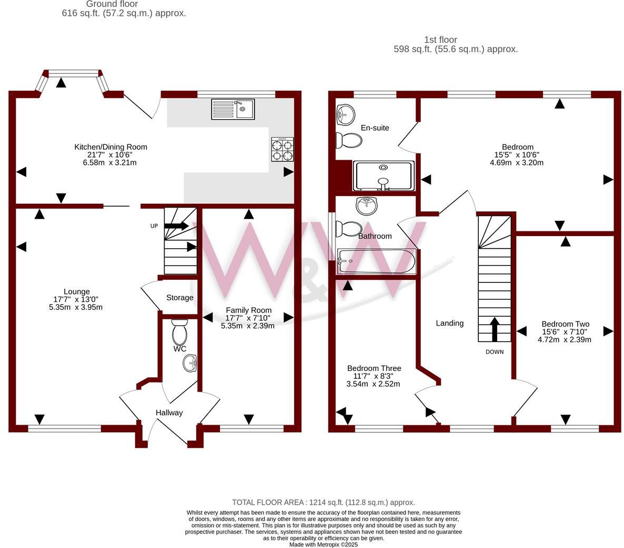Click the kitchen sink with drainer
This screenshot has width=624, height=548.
[x=233, y=109]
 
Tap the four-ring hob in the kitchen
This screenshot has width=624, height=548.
[x=282, y=149]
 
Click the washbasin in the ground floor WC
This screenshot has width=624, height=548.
[x=190, y=363]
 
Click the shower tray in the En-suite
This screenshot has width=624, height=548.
[x=384, y=176]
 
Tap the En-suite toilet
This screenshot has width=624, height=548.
[x=349, y=140]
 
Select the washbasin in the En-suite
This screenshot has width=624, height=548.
[x=345, y=114]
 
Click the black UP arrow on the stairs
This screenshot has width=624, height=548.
[x=176, y=226]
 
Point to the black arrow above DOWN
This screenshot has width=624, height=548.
[x=494, y=329]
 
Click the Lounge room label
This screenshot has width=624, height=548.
[x=77, y=291]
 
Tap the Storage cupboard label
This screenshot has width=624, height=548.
[x=180, y=298]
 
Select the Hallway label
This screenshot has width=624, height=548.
[x=169, y=413]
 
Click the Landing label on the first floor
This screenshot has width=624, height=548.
[x=450, y=323]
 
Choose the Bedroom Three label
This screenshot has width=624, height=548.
[x=374, y=368]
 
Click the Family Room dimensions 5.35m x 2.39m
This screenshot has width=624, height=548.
[x=248, y=326]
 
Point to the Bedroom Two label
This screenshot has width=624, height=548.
[x=566, y=324]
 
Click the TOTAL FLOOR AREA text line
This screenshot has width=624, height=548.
[x=324, y=503]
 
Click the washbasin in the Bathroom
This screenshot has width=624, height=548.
[x=367, y=205]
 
